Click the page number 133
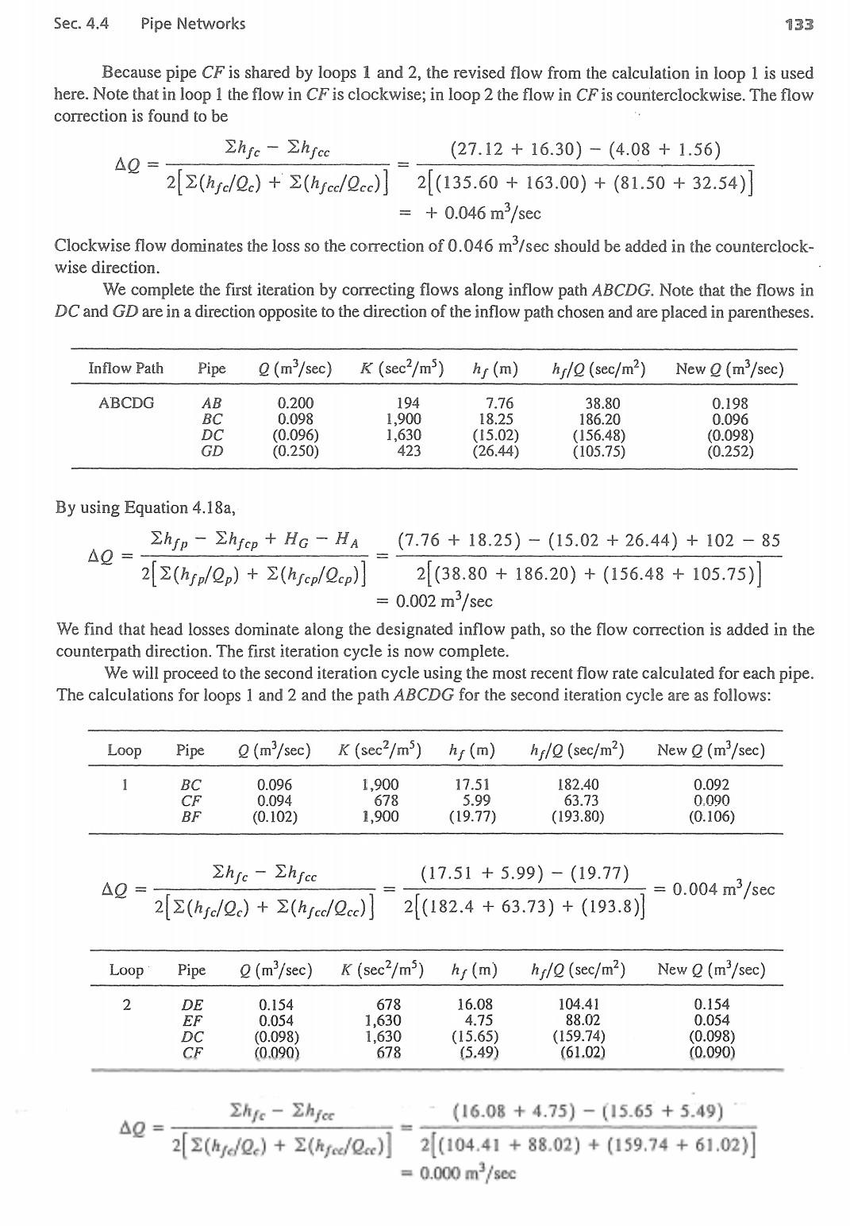798,24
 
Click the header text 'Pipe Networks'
193,24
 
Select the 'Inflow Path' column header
125,368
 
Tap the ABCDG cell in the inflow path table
126,403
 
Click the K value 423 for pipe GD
408,452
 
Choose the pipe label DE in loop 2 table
192,1004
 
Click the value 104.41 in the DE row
582,1004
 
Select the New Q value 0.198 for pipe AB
729,403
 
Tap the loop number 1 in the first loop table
125,785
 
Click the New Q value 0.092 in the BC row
711,785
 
